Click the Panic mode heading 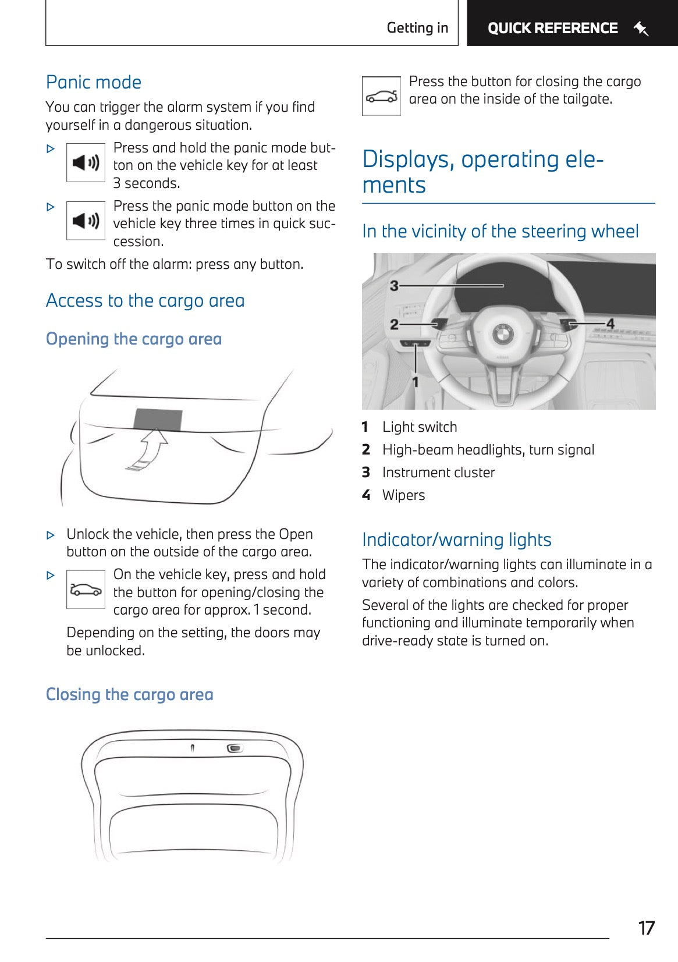tap(93, 82)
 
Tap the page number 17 tap(646, 928)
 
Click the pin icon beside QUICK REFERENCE tap(641, 28)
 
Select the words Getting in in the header tap(417, 28)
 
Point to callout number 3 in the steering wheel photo tap(395, 286)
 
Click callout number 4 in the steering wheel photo tap(610, 323)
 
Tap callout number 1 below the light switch tap(416, 381)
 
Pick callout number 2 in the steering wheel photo tap(395, 324)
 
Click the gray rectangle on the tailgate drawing tap(158, 419)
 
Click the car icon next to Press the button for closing tap(381, 97)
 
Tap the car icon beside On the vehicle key tap(86, 590)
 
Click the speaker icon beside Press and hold tap(86, 162)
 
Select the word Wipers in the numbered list tap(403, 495)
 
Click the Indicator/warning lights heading tap(456, 539)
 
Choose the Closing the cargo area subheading tap(129, 694)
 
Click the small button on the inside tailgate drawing tap(235, 748)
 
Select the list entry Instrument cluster tap(438, 473)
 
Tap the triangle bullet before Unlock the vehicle tap(51, 535)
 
